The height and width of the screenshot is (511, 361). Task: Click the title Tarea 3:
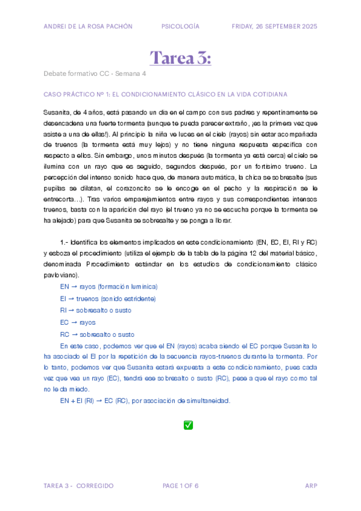coord(180,58)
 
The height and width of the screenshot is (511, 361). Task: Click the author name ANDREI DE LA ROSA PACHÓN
coord(88,27)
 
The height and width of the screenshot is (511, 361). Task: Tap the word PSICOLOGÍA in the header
coord(180,27)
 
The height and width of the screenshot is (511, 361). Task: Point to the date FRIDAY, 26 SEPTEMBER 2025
coord(274,27)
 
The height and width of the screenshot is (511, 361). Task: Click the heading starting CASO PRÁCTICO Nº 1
coord(165,95)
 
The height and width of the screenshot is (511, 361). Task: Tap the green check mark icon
coord(188,425)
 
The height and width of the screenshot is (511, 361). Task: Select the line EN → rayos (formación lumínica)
coord(108,286)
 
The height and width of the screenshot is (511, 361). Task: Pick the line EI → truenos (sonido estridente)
coord(108,298)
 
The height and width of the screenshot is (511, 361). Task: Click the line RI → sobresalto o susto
coord(95,310)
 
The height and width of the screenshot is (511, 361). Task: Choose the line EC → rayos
coord(78,322)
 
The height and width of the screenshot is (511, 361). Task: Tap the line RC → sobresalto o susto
coord(97,334)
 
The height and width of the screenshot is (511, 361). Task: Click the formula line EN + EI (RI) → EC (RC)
coord(145,401)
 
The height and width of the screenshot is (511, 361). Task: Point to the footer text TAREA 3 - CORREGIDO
coord(78,486)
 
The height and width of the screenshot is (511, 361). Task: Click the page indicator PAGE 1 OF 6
coord(181,486)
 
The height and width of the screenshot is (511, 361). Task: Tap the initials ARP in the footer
coord(311,486)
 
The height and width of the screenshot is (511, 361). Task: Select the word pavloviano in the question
coord(61,274)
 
